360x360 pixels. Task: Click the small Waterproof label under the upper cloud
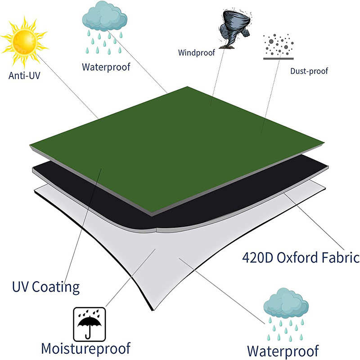point(106,67)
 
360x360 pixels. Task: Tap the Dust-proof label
point(309,71)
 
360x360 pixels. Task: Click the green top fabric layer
point(180,144)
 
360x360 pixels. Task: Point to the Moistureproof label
point(85,348)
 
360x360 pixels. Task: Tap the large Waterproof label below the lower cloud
point(283,350)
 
